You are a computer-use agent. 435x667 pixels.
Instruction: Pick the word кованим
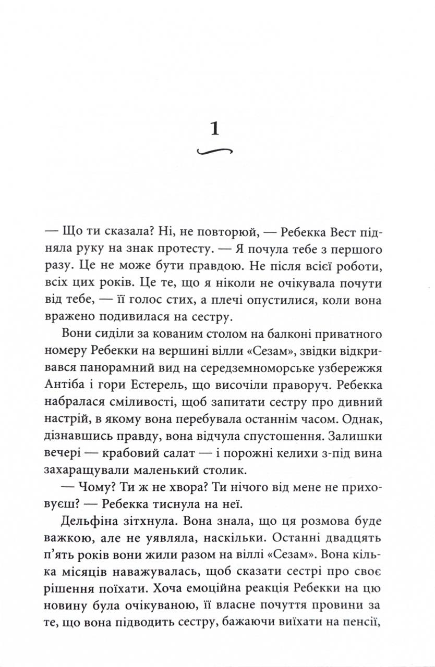click(164, 333)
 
